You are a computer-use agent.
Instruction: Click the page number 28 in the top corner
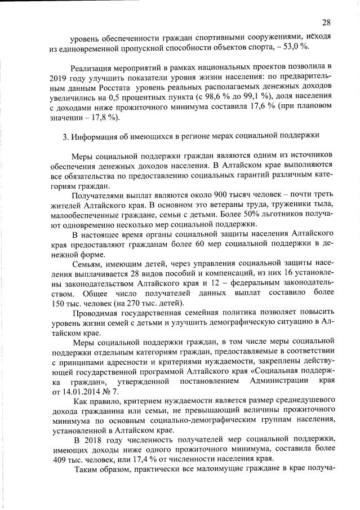(326, 23)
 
